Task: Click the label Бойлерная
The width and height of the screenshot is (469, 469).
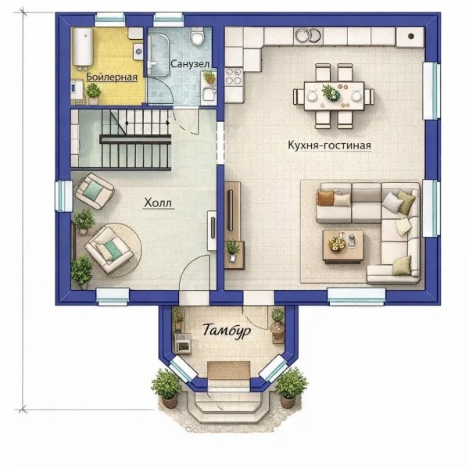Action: pyautogui.click(x=112, y=77)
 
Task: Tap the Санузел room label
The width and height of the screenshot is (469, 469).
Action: pyautogui.click(x=190, y=64)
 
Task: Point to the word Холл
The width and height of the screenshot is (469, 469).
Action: pyautogui.click(x=158, y=202)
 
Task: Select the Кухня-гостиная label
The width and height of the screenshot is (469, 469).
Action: pyautogui.click(x=329, y=145)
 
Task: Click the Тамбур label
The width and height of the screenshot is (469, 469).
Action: pyautogui.click(x=227, y=331)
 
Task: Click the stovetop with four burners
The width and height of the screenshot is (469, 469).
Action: pyautogui.click(x=233, y=77)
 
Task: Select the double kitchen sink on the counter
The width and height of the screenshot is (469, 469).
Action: pyautogui.click(x=308, y=35)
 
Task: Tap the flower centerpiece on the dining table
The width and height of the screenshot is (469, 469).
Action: pyautogui.click(x=331, y=93)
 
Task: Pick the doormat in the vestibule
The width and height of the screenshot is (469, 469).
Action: pyautogui.click(x=228, y=370)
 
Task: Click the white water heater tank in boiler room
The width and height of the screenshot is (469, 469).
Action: pyautogui.click(x=83, y=47)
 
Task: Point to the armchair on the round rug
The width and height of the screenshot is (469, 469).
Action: pyautogui.click(x=109, y=250)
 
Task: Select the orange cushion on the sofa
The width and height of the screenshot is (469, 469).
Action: pyautogui.click(x=325, y=198)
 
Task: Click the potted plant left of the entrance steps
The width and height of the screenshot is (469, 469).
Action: pyautogui.click(x=167, y=388)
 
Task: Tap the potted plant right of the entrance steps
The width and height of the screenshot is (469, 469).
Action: pyautogui.click(x=291, y=388)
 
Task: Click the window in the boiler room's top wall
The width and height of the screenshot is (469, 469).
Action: pyautogui.click(x=109, y=20)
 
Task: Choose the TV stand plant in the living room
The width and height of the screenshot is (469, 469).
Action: pyautogui.click(x=232, y=250)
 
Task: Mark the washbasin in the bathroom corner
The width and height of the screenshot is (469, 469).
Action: pyautogui.click(x=209, y=94)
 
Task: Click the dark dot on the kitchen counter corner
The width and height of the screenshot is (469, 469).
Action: pyautogui.click(x=411, y=36)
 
